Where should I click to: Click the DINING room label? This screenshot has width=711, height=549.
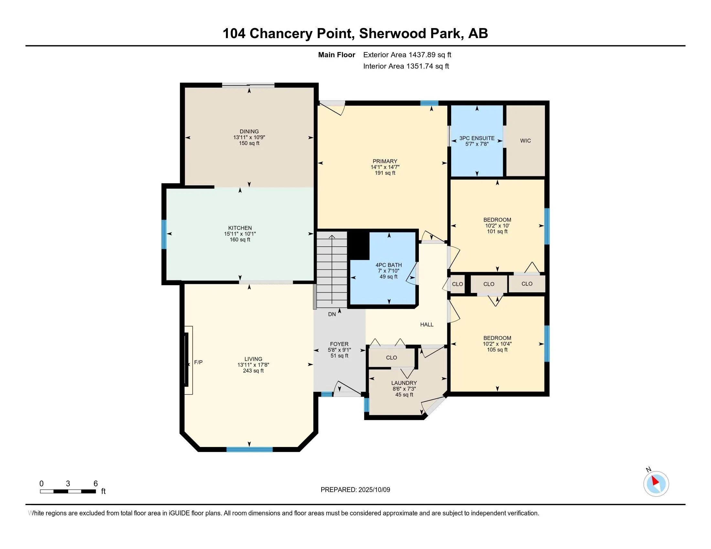click(x=249, y=131)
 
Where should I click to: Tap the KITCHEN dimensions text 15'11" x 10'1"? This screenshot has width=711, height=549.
click(x=240, y=234)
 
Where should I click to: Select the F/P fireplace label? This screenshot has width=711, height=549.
click(x=198, y=362)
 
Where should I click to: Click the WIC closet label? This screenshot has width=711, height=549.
click(x=525, y=140)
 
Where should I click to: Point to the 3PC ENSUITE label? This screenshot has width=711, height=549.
click(x=477, y=138)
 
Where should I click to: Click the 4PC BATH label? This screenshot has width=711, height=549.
click(x=388, y=265)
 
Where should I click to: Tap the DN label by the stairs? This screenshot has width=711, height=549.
click(x=332, y=314)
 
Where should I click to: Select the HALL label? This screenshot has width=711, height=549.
click(x=427, y=324)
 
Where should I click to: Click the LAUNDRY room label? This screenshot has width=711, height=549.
click(x=404, y=383)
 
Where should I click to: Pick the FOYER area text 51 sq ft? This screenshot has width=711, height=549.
click(x=339, y=356)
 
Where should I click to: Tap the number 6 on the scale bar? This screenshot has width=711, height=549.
click(x=95, y=483)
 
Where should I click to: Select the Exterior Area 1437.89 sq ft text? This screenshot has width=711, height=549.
click(x=407, y=55)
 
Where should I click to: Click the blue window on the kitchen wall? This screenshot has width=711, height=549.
click(x=164, y=234)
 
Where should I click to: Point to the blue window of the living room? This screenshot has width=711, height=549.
click(x=249, y=450)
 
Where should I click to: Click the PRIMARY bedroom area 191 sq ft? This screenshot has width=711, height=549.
click(x=385, y=173)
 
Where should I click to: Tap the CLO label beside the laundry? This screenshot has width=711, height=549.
click(x=391, y=357)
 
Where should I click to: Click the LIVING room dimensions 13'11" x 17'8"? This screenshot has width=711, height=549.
click(x=253, y=365)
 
